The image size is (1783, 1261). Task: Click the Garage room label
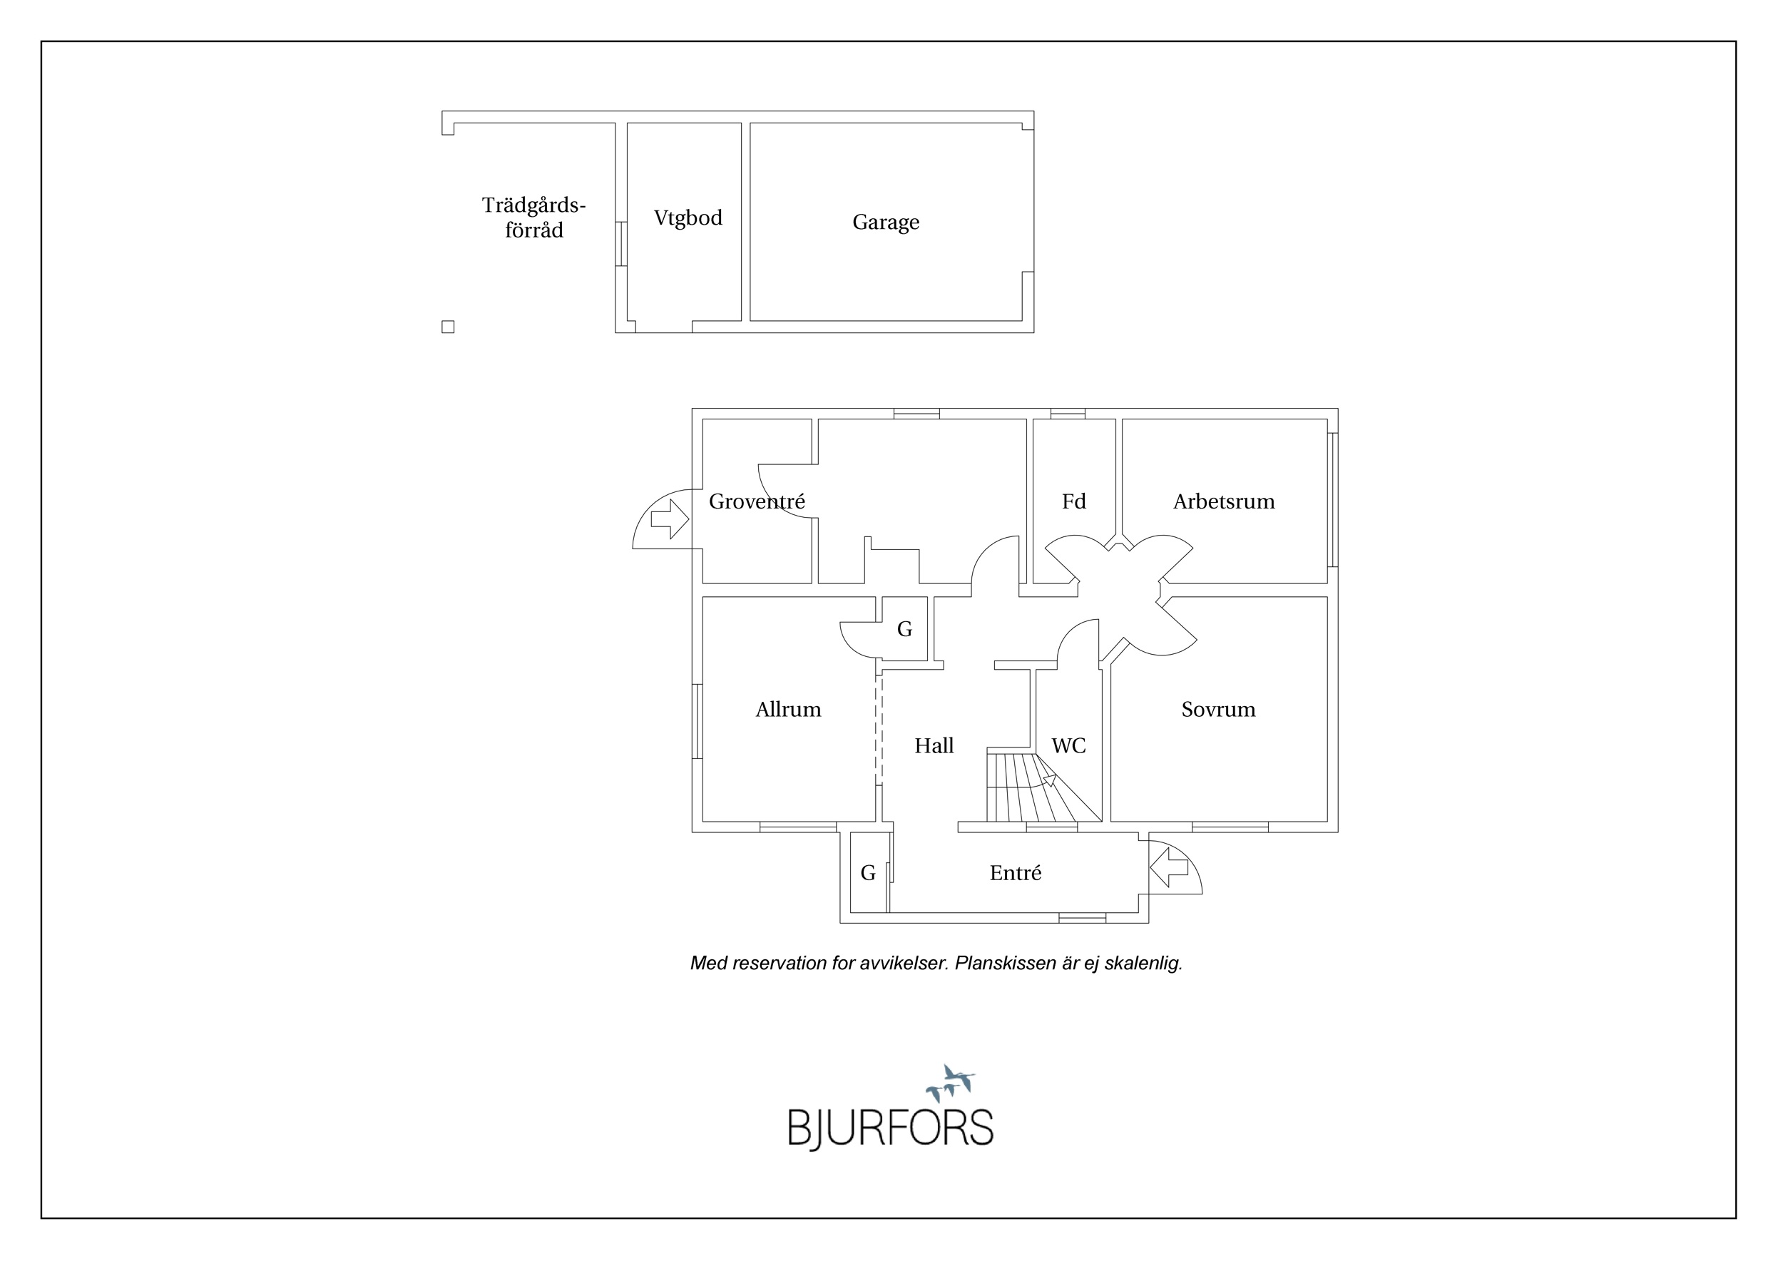885,223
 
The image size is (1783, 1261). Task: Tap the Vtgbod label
688,218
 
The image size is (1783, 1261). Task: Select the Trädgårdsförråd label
533,218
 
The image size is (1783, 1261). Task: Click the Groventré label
757,501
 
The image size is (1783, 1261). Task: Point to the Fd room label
1073,501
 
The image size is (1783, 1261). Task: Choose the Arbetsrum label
1224,501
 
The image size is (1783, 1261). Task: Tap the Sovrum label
1217,709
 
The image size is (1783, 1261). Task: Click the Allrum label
788,709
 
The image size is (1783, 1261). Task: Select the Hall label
934,745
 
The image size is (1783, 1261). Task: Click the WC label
1068,745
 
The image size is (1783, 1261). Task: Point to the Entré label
1015,873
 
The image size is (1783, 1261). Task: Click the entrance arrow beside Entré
1169,867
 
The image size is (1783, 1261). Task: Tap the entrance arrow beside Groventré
670,519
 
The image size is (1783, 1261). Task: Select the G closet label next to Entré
867,873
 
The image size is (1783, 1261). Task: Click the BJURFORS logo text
891,1128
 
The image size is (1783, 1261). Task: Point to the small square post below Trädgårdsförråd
448,327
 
